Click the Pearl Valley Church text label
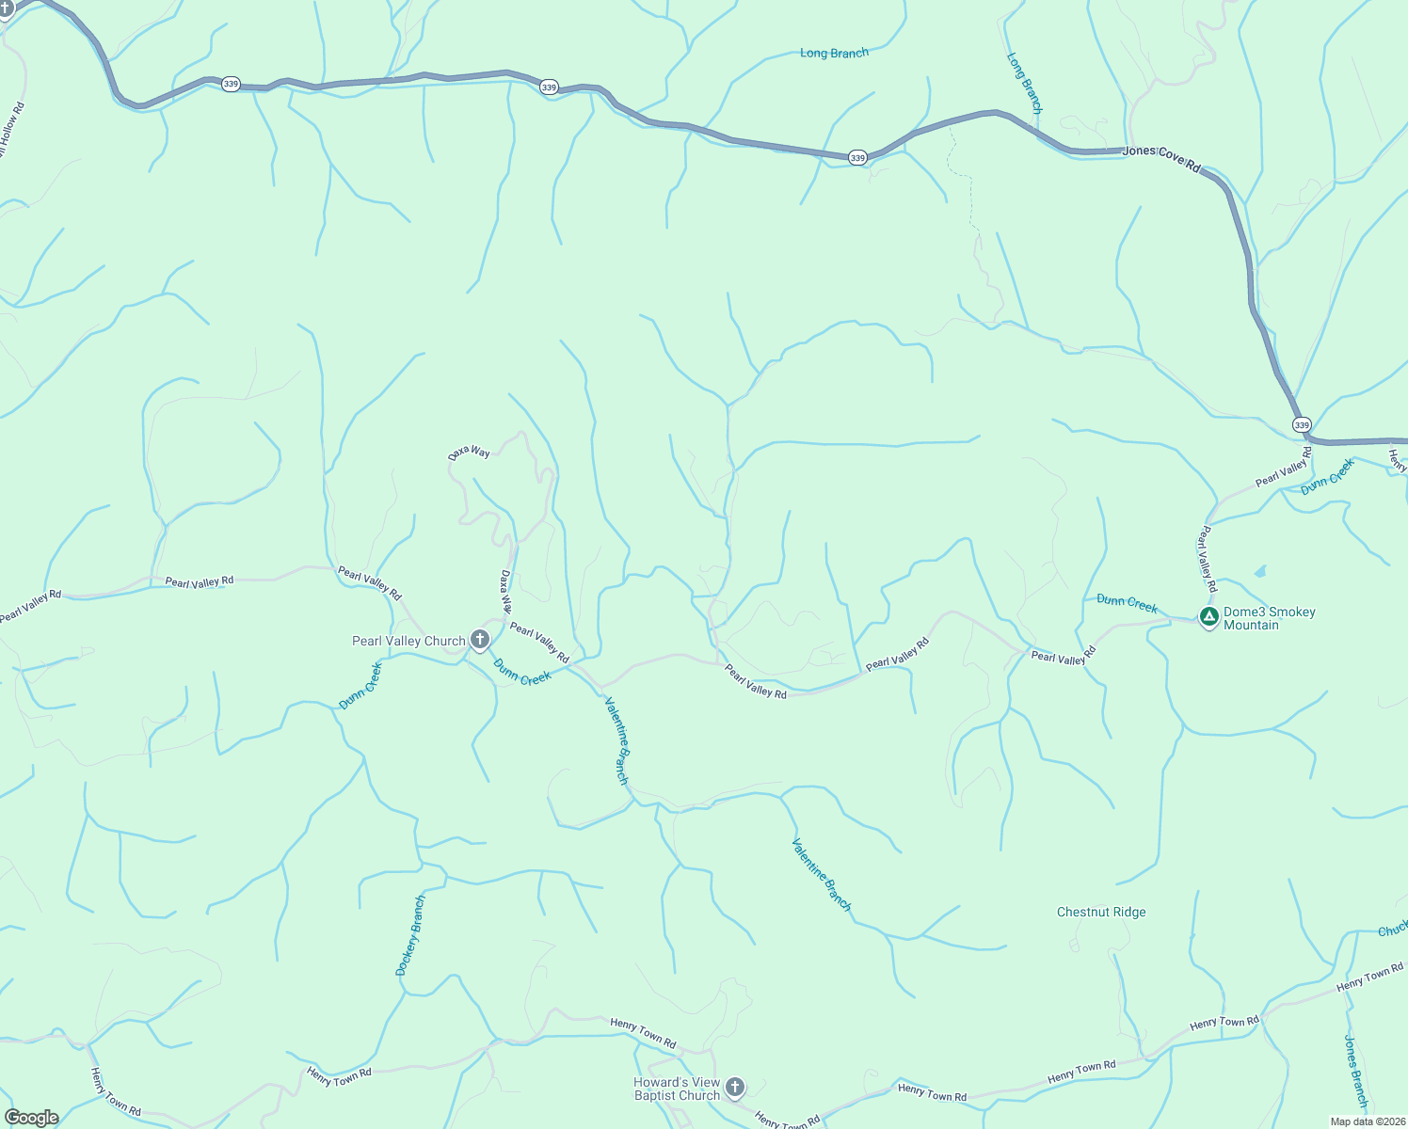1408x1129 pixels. [408, 642]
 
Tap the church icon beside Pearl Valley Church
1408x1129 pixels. [480, 641]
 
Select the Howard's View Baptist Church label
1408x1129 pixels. [677, 1089]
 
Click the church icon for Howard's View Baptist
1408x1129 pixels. [736, 1089]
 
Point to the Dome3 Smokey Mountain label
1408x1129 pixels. [1269, 618]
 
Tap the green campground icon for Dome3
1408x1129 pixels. [1209, 617]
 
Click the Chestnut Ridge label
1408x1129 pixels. [1101, 912]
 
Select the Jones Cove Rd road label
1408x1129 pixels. [1162, 158]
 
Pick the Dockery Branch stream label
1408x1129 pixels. [410, 935]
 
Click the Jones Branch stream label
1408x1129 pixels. [1355, 1071]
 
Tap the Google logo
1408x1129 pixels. [31, 1118]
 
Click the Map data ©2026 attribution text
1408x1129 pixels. [1368, 1121]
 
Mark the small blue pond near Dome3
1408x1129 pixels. [1260, 571]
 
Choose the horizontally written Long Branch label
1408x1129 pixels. [834, 54]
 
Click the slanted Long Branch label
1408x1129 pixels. [1025, 84]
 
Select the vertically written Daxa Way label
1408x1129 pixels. [505, 591]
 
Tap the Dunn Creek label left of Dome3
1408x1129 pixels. [1127, 603]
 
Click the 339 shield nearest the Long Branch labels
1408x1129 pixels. [856, 158]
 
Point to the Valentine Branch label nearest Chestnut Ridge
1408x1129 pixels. [822, 875]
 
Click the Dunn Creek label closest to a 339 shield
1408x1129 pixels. [1328, 476]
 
